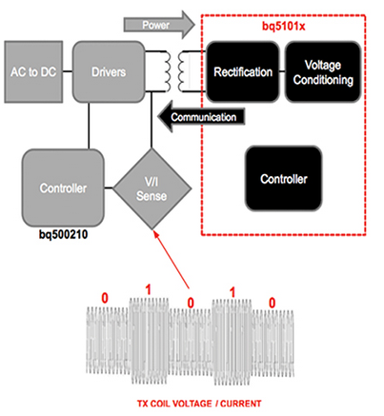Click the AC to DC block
tap(33, 71)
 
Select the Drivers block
tap(109, 71)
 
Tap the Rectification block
tap(243, 71)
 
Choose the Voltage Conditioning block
tap(323, 71)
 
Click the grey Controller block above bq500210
tap(63, 188)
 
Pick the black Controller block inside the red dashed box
tap(284, 179)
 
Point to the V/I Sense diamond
tap(152, 188)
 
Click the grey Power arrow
tap(159, 25)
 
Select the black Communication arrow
tap(202, 116)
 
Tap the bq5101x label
tap(283, 26)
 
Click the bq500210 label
tap(63, 234)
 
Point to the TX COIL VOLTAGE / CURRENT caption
tap(199, 404)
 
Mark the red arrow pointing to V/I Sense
tap(172, 260)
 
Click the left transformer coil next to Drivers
tap(167, 71)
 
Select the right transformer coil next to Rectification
tap(182, 71)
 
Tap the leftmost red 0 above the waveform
tap(105, 298)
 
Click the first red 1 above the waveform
tap(148, 289)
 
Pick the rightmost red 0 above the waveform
tap(272, 303)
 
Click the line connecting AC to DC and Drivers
tap(68, 71)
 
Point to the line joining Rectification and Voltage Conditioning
tap(282, 71)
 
